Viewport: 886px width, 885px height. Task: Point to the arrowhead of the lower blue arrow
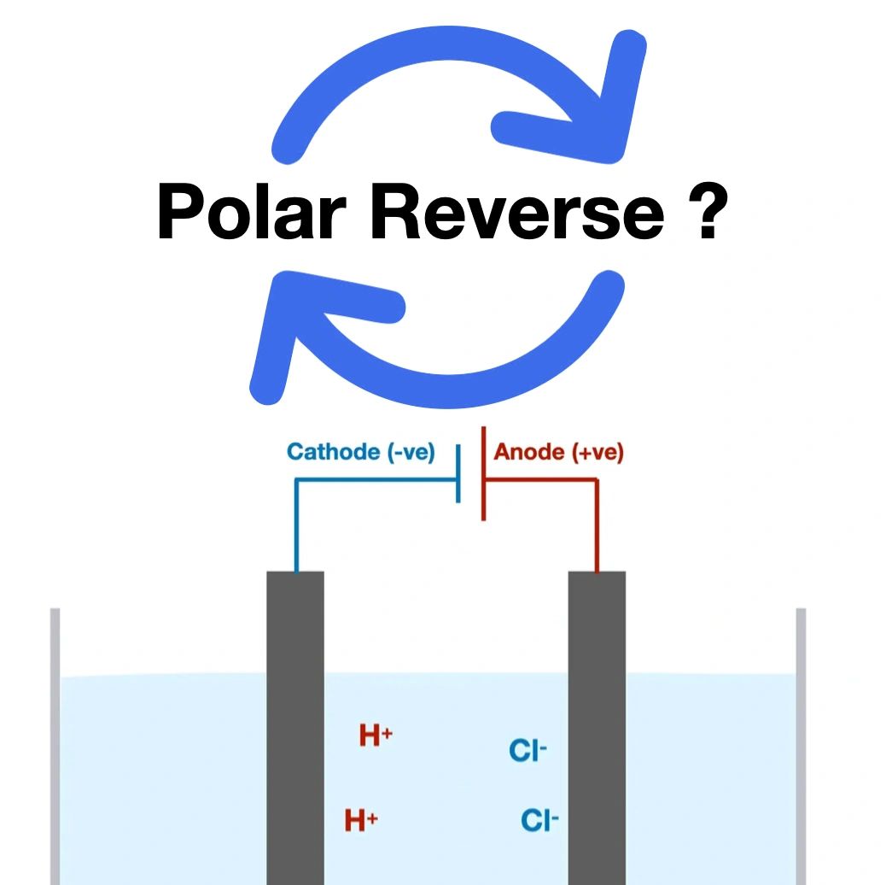[299, 325]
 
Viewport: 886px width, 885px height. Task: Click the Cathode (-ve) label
[360, 452]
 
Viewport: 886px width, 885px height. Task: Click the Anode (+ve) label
[558, 452]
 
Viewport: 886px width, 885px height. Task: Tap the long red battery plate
[484, 474]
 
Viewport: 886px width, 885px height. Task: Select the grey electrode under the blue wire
[295, 726]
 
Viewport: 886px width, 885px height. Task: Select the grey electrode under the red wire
[597, 726]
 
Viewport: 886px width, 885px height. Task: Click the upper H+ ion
[376, 736]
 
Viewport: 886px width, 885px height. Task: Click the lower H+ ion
[361, 821]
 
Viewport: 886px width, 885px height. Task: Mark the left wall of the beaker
[55, 743]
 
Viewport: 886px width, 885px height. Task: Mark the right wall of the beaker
[801, 743]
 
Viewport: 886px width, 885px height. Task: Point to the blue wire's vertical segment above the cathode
[295, 525]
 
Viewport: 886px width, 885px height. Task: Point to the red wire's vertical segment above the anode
[597, 525]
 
